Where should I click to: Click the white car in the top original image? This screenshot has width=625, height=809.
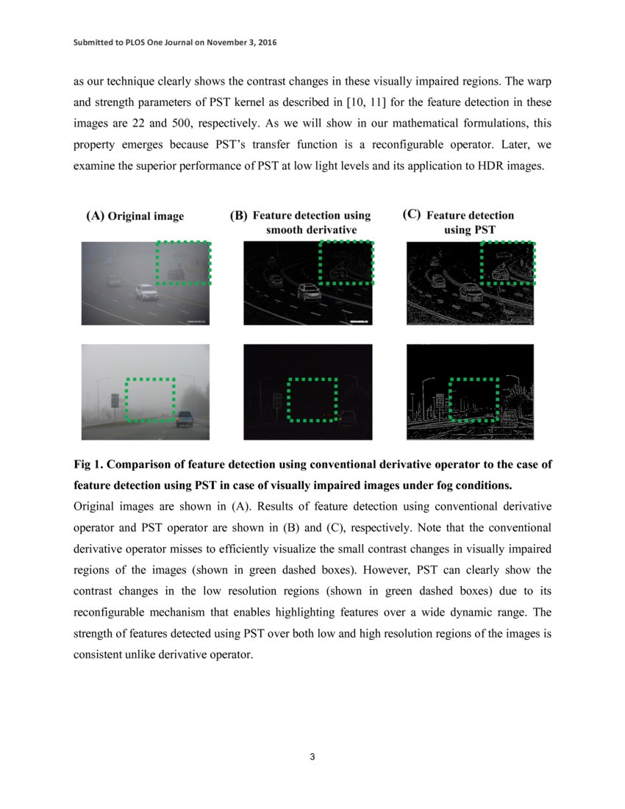click(147, 293)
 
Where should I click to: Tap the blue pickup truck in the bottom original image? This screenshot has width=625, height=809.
click(184, 418)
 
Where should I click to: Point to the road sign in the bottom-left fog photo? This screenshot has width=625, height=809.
click(114, 401)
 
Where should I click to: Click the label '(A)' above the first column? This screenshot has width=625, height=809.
click(96, 216)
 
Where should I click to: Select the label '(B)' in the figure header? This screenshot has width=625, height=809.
click(239, 215)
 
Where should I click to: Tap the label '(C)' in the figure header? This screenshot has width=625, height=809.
click(412, 215)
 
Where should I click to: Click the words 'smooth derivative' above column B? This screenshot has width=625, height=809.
click(311, 230)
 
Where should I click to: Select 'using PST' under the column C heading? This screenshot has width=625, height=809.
click(470, 230)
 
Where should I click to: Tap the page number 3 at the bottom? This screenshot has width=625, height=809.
click(312, 758)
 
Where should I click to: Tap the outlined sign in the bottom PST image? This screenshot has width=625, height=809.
click(440, 402)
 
